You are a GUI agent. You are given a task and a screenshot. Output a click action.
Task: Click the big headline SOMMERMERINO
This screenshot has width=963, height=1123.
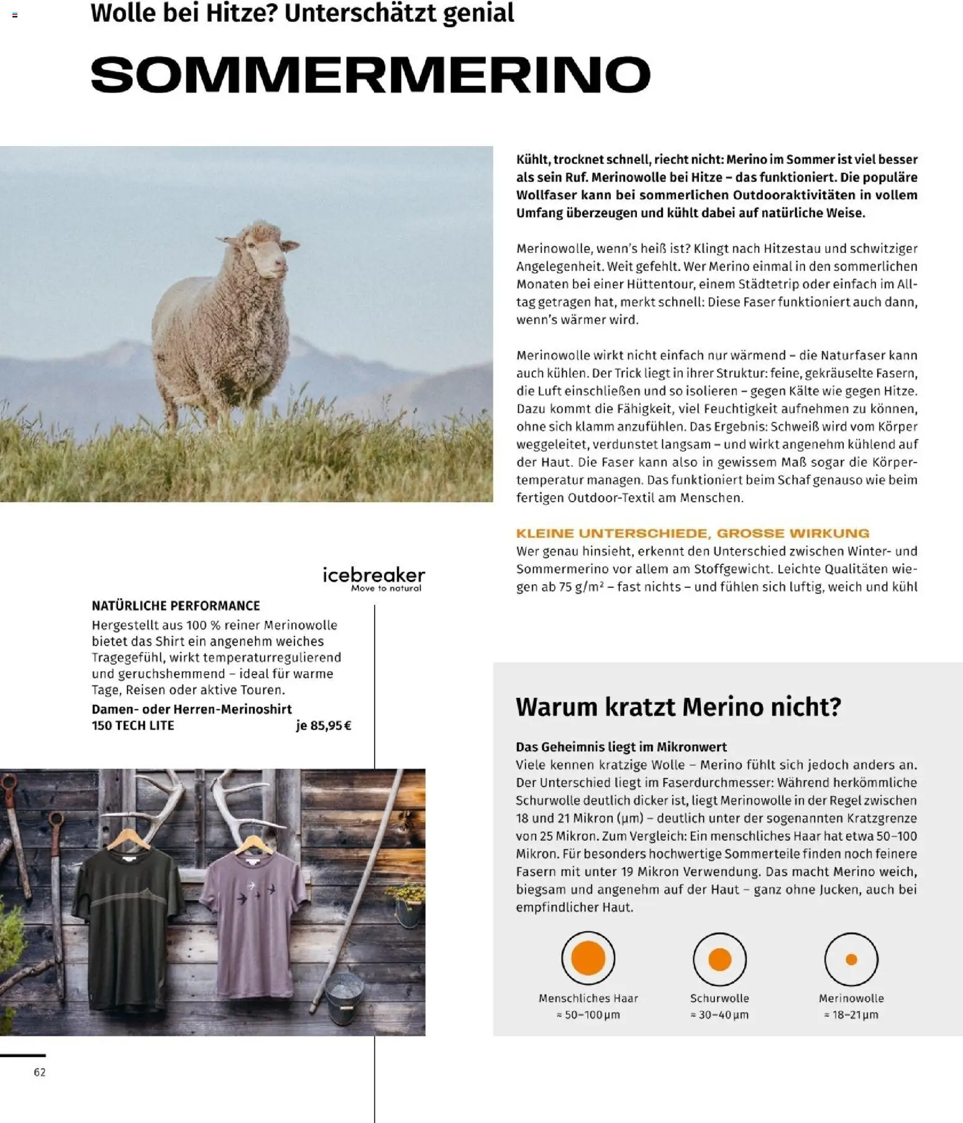coord(370,75)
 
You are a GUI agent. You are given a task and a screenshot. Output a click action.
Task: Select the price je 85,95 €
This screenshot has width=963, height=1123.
coord(324,725)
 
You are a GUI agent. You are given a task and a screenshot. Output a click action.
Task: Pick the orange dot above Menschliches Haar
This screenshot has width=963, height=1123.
coord(588,958)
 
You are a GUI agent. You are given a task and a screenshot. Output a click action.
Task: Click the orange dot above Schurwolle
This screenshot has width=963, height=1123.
coord(719,959)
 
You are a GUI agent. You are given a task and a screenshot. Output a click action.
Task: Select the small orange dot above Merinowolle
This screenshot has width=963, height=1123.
coord(851,959)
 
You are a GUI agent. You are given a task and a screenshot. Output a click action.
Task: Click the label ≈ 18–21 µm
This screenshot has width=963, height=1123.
coord(851,1015)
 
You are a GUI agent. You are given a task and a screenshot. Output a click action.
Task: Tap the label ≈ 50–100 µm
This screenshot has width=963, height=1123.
coord(588,1015)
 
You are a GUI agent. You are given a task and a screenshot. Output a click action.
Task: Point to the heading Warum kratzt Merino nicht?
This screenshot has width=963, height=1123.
coord(678,707)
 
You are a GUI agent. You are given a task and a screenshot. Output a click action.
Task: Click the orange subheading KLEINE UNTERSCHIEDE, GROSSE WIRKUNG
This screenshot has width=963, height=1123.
coord(692,533)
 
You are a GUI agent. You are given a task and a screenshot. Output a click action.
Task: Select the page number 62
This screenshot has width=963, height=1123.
coord(40,1072)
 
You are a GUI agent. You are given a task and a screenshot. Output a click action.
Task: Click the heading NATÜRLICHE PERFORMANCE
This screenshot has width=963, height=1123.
coord(176,605)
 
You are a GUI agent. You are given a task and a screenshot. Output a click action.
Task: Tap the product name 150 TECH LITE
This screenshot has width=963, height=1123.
coord(133,725)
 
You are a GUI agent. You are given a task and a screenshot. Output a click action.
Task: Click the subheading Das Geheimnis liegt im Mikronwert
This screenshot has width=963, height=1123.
coord(621,746)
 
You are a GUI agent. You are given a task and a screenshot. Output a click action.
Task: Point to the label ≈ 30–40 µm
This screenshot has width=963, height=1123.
coord(719,1015)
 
